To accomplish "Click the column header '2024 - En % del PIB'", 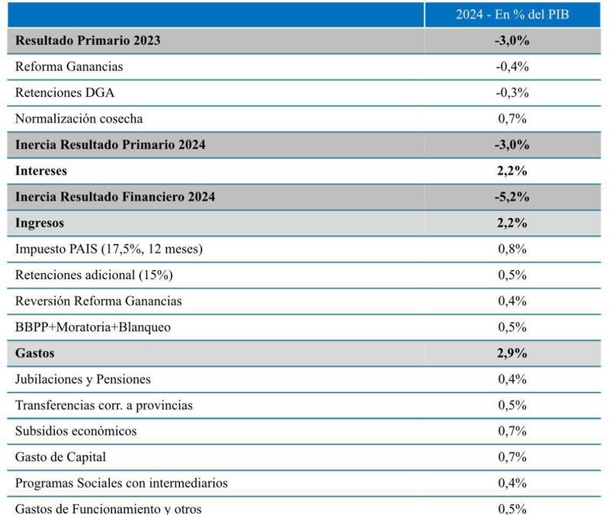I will coord(512,14).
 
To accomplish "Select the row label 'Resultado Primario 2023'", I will coord(88,40).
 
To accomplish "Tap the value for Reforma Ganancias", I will coord(512,66).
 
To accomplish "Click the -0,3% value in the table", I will coord(512,92).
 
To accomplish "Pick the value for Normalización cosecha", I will coord(512,118).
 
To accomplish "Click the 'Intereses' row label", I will coord(41,171).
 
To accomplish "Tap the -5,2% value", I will coord(512,197).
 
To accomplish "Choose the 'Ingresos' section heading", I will coord(40,224).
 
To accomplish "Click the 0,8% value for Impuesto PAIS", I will coord(512,249).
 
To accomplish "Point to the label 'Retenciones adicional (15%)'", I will coord(88,275).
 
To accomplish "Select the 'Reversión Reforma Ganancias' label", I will coord(98,301).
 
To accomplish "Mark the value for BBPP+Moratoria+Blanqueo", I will coord(512,327).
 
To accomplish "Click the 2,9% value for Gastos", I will coord(512,353).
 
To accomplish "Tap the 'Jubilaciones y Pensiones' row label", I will coord(83,379).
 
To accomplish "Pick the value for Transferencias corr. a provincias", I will coord(512,405).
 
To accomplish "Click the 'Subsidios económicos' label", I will coord(76,431).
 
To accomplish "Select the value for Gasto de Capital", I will coord(512,457).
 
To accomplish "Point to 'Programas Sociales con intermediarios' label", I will coord(121,483).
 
